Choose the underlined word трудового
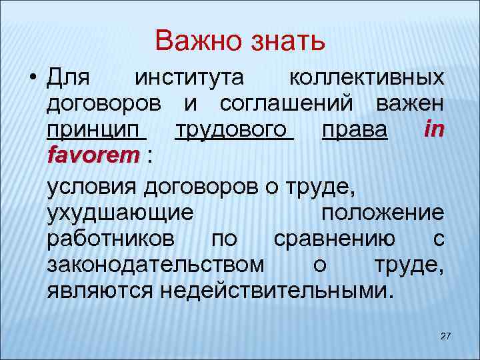[233, 131]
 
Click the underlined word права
[354, 131]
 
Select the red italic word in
[433, 130]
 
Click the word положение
[382, 213]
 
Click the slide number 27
[446, 335]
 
